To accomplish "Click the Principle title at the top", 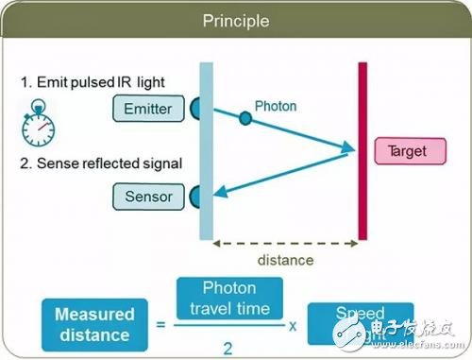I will point(235,20).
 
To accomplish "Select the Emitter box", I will point(148,108).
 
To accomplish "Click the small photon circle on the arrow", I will point(244,118).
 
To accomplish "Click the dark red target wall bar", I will point(362,151).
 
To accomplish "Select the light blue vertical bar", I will point(207,151).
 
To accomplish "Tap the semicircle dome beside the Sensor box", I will point(194,197).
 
